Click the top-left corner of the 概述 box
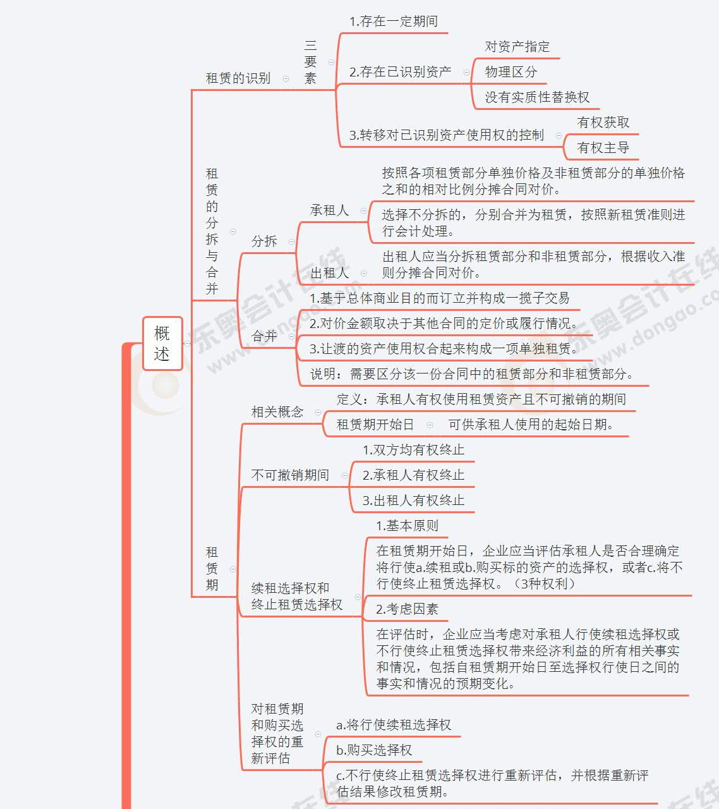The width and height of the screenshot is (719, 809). tap(143, 317)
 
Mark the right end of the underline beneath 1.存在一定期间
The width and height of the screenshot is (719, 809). tap(447, 33)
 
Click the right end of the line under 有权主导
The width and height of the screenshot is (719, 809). tap(638, 159)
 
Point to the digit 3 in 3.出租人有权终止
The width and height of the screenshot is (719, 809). tap(365, 501)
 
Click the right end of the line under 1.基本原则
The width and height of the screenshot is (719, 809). tap(447, 537)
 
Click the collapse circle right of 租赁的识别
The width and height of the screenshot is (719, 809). tap(286, 78)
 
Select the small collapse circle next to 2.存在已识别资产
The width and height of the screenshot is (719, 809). tap(466, 72)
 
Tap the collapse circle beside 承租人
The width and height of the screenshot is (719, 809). tap(363, 211)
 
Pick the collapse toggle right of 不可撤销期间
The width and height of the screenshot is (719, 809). tap(344, 475)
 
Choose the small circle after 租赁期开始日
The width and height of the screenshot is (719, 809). tap(430, 425)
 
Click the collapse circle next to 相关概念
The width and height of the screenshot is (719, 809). tap(318, 413)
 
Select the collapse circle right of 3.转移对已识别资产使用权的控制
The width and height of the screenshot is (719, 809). tap(559, 136)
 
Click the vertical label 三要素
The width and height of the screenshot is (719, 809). tap(310, 62)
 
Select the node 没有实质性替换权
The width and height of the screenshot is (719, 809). tap(537, 97)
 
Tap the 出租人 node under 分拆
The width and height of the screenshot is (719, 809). tap(330, 274)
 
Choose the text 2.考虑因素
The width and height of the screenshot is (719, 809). tap(408, 609)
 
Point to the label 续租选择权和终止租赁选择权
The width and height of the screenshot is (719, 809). tap(296, 597)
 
